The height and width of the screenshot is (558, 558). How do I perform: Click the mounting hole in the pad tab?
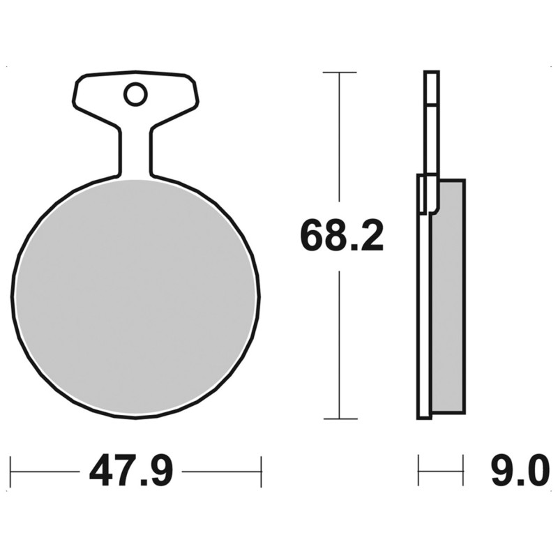click(135, 94)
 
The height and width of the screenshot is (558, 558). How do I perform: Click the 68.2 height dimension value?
click(342, 236)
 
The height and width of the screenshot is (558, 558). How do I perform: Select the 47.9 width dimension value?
click(131, 470)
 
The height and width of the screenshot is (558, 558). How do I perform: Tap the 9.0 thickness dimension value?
click(518, 470)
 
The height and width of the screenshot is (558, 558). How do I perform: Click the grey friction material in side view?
click(448, 297)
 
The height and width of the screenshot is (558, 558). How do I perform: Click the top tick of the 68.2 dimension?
click(340, 73)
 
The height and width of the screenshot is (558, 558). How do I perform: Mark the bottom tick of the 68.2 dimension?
click(340, 418)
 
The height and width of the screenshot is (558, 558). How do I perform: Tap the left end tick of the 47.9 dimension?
click(11, 472)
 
